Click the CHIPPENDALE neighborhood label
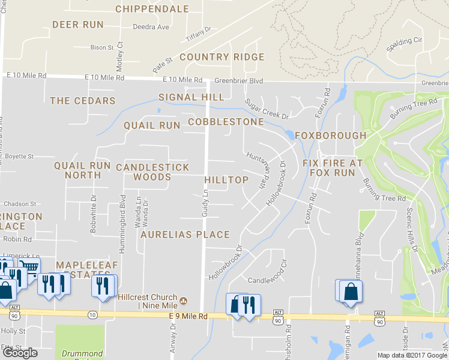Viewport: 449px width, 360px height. [152, 9]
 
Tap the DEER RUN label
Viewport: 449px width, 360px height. [78, 25]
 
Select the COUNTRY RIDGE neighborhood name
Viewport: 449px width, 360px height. [221, 57]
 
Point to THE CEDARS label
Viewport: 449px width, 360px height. [82, 101]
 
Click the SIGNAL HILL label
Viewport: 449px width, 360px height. [191, 97]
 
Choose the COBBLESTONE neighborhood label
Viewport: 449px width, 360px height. [226, 122]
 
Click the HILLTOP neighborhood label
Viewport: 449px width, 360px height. [226, 180]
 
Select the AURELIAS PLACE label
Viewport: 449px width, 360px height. [185, 235]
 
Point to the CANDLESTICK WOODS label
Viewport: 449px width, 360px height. [152, 172]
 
